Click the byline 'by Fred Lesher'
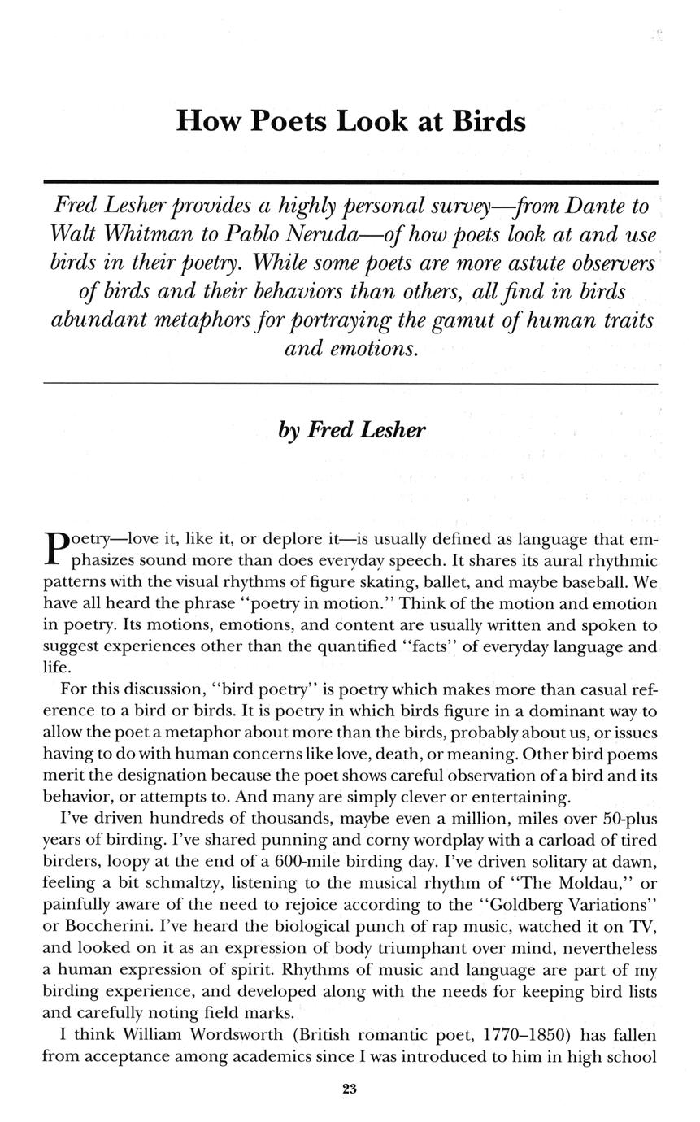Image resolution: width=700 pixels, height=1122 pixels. (350, 429)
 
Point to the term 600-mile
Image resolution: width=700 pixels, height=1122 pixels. (390, 860)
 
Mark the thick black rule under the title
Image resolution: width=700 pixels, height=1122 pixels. (350, 182)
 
